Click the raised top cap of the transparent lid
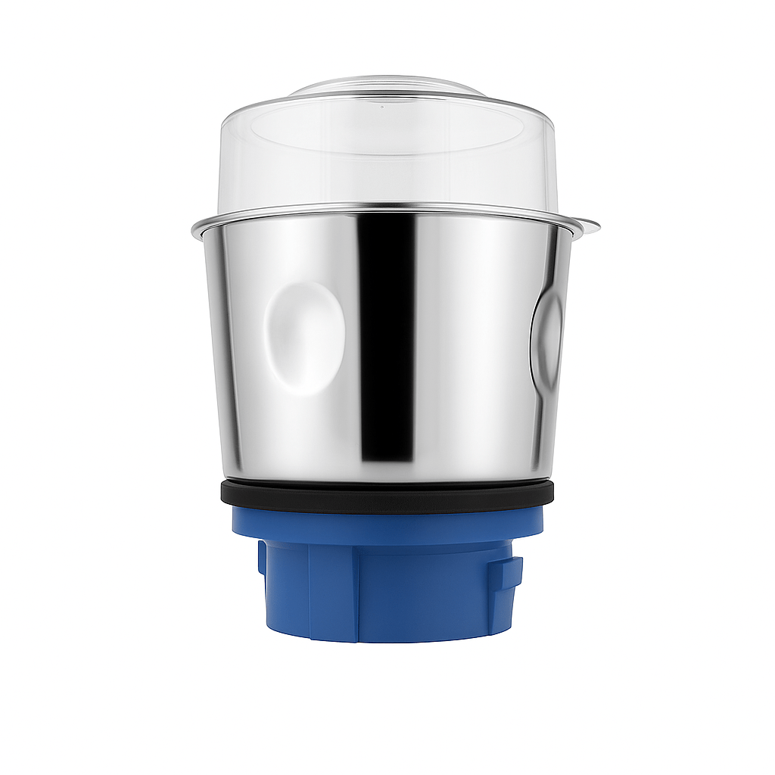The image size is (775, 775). click(x=387, y=86)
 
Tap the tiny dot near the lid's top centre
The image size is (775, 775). click(x=381, y=107)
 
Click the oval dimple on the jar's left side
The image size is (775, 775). click(x=304, y=338)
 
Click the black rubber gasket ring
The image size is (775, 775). click(x=387, y=495)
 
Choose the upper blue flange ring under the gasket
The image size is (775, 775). click(x=387, y=526)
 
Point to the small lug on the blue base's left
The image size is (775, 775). click(x=262, y=556)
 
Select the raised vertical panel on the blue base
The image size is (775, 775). click(x=333, y=590)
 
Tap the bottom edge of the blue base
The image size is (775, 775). click(x=387, y=640)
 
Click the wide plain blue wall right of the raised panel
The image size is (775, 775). click(x=424, y=594)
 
